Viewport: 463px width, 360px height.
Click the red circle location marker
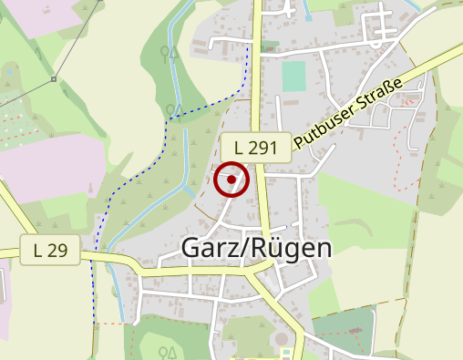[232, 180]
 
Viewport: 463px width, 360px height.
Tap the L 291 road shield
[256, 147]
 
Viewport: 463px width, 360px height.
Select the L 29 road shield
[50, 249]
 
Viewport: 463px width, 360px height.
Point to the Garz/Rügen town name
[257, 247]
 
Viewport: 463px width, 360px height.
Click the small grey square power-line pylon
[54, 79]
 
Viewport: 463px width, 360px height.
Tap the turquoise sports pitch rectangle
[293, 76]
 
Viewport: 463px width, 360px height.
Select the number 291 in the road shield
[264, 147]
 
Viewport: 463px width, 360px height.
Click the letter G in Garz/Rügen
[192, 247]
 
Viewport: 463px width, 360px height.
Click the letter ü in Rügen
[274, 247]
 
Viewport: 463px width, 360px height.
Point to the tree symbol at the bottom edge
[167, 352]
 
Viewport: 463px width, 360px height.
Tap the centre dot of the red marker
[232, 180]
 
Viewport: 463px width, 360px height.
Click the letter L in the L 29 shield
[38, 249]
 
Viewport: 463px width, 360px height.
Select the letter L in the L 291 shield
[239, 147]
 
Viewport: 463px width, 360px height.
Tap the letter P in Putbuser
[299, 136]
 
